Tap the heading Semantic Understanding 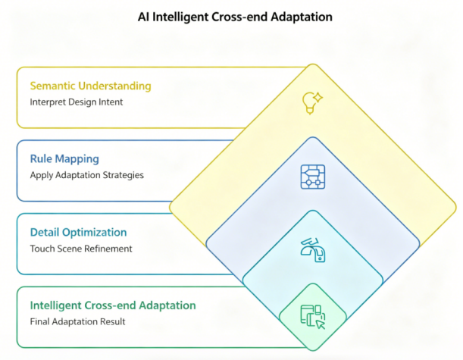click(x=90, y=86)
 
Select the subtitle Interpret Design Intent click(x=77, y=102)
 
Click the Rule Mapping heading click(x=64, y=159)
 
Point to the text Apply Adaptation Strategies click(x=87, y=175)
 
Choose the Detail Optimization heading click(x=78, y=233)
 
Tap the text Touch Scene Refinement click(x=81, y=249)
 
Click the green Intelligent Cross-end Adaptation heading click(x=113, y=305)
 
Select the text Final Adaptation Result click(x=77, y=321)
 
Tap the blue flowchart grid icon click(x=313, y=177)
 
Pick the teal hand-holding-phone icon click(x=313, y=250)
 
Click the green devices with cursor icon click(x=313, y=317)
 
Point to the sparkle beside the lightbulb click(x=318, y=97)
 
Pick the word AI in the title click(x=143, y=17)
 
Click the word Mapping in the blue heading click(x=77, y=159)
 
